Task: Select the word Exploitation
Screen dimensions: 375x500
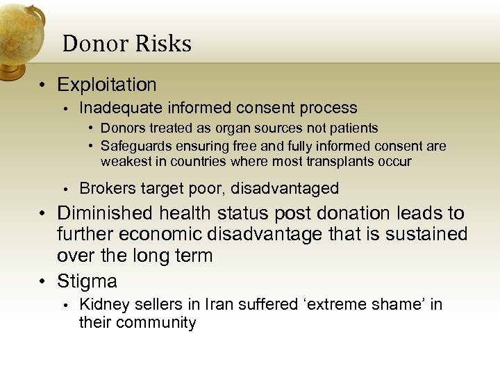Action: (107, 85)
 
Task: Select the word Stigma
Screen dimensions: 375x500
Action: (87, 281)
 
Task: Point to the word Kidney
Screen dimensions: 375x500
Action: (101, 304)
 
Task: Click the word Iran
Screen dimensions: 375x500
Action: (191, 304)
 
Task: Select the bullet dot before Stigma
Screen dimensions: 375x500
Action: (44, 282)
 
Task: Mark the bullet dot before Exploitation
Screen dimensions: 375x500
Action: (44, 85)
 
